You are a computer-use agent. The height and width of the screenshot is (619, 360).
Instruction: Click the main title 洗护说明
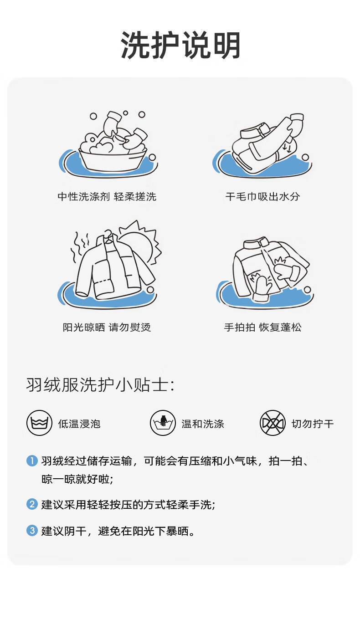(180, 45)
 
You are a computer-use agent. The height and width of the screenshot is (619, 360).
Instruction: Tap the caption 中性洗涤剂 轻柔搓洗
(107, 196)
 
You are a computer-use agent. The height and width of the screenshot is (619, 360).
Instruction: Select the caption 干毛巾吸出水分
(262, 196)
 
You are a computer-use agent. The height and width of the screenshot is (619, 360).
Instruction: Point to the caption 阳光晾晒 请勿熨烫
(107, 327)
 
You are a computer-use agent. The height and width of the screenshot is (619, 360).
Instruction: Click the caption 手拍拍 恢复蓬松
(262, 327)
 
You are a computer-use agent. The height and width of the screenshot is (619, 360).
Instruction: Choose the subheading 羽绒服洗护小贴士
(100, 384)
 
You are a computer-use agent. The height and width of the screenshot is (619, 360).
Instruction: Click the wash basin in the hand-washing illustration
(113, 160)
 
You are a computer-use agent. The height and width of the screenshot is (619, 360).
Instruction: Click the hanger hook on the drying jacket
(108, 234)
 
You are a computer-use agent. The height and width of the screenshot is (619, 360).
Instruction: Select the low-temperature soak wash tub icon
(39, 423)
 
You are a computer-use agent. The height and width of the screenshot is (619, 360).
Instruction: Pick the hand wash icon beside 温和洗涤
(163, 423)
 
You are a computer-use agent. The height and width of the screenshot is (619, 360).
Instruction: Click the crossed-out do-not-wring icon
(273, 423)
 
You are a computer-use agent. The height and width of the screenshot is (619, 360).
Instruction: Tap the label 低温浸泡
(79, 424)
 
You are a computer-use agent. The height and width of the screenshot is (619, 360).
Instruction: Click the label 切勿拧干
(313, 424)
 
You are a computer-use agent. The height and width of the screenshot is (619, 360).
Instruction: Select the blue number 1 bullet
(32, 460)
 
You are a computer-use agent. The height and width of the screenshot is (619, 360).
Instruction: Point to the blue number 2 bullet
(32, 504)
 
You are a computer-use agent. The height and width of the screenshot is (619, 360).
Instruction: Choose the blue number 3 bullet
(32, 530)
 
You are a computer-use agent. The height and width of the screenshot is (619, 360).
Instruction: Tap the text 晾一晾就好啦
(77, 479)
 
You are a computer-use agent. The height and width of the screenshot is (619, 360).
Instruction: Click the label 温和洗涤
(203, 424)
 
